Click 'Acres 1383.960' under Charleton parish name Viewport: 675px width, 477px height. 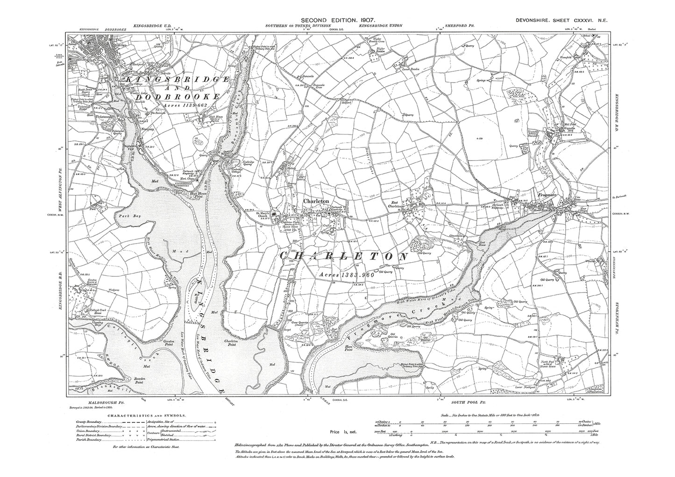[x=345, y=276]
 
